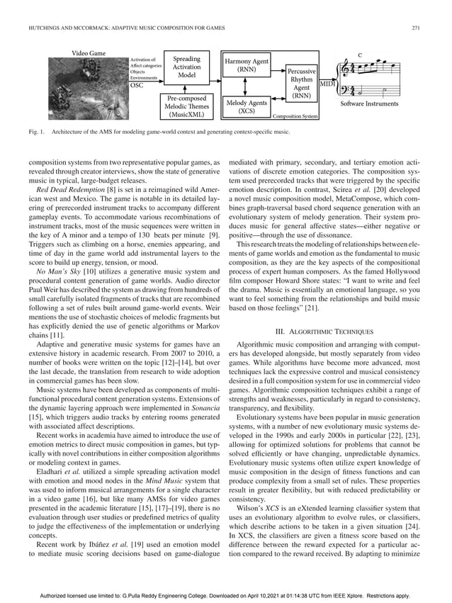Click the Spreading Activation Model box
pos(187,67)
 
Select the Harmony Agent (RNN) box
pos(247,66)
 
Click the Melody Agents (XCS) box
pos(246,107)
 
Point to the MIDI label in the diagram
pos(328,84)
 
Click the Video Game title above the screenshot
pos(89,53)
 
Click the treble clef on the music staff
pos(348,69)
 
